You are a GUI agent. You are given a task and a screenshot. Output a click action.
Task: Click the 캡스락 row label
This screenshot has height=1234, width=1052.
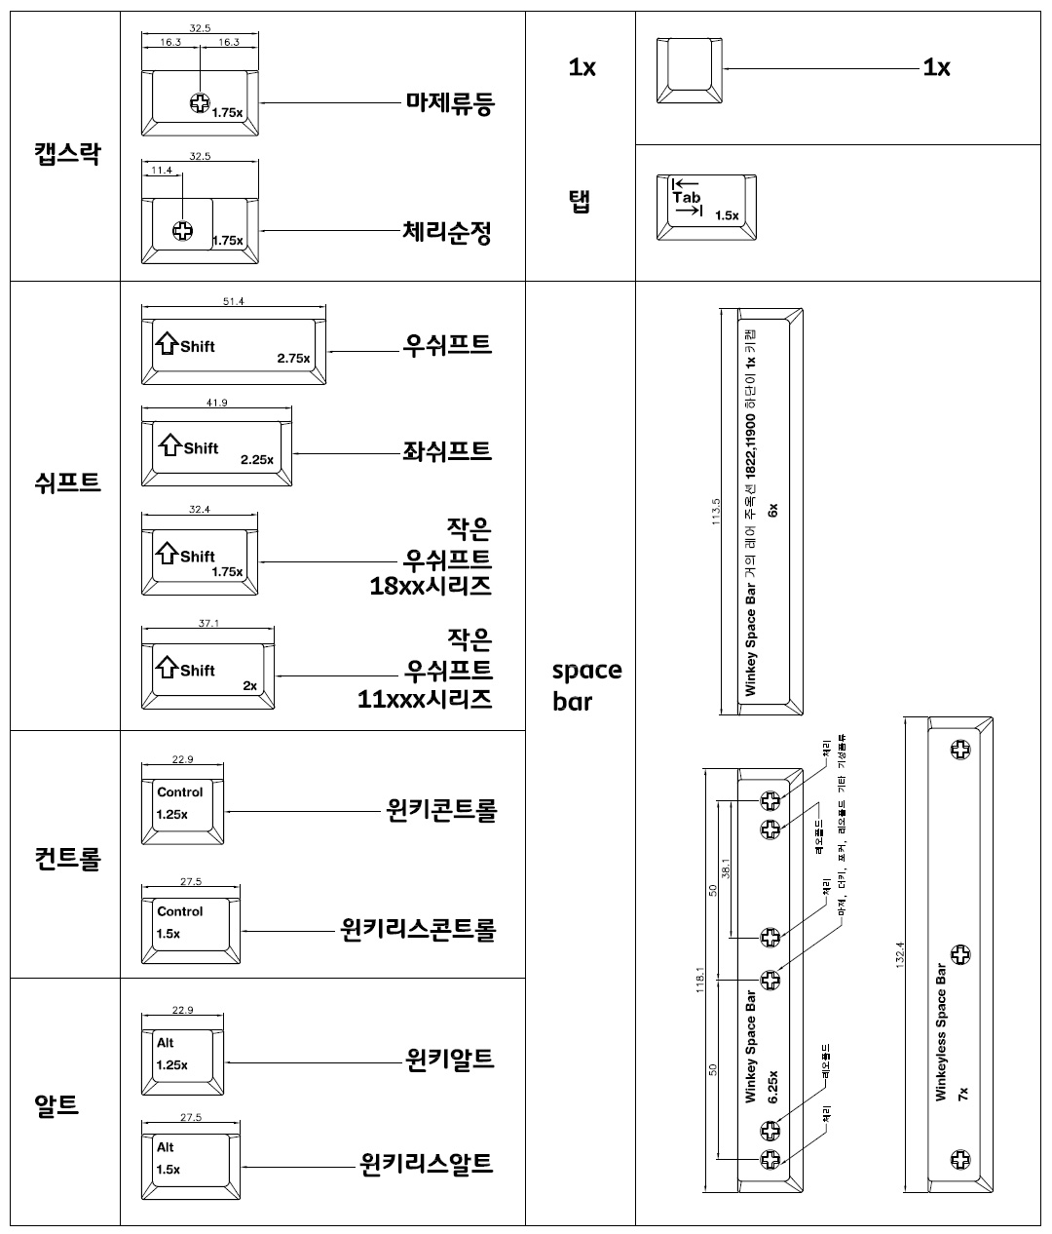(66, 153)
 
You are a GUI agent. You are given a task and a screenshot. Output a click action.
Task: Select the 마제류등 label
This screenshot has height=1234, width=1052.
(450, 103)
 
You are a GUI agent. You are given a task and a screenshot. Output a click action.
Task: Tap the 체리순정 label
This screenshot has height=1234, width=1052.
(447, 232)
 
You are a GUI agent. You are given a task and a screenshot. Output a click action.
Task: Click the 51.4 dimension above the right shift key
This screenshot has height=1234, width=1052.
(233, 302)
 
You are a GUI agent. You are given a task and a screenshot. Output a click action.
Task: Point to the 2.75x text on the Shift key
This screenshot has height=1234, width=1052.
(293, 359)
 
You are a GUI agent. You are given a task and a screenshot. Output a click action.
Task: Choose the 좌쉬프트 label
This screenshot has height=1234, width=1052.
(447, 451)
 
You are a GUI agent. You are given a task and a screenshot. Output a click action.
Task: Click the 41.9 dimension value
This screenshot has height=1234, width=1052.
(216, 403)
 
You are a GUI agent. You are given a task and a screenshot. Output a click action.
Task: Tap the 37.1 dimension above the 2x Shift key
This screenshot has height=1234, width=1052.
(208, 623)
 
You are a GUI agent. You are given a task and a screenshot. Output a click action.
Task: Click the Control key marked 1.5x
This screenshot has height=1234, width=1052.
(191, 923)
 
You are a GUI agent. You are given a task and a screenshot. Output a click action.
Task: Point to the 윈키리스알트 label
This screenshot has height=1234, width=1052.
(426, 1163)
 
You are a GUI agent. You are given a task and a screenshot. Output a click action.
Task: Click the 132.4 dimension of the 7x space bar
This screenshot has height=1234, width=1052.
(900, 955)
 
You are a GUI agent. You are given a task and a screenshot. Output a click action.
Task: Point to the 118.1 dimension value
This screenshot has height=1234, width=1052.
(699, 980)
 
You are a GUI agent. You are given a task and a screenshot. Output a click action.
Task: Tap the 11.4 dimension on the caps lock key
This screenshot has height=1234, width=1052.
(162, 171)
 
